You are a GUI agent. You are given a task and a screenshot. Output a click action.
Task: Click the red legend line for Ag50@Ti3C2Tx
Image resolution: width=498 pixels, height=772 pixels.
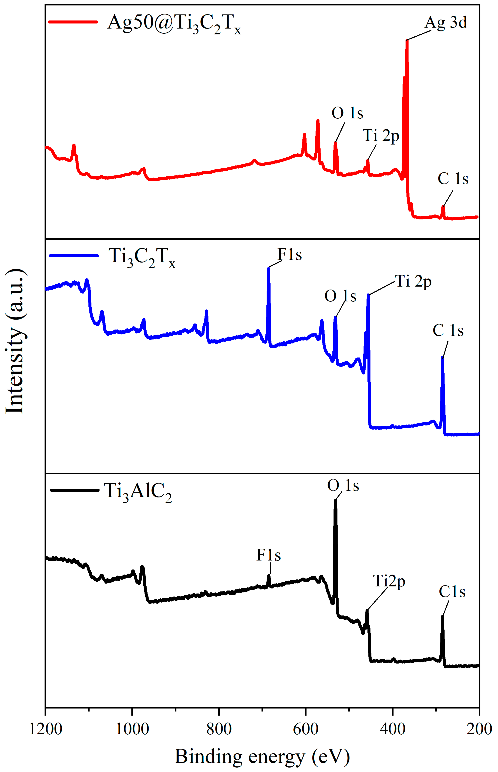pos(73,22)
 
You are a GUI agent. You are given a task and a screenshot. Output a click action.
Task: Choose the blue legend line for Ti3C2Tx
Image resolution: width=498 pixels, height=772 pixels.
pos(74,256)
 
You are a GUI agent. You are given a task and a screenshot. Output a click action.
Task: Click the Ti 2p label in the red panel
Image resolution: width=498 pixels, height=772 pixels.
pos(381,135)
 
